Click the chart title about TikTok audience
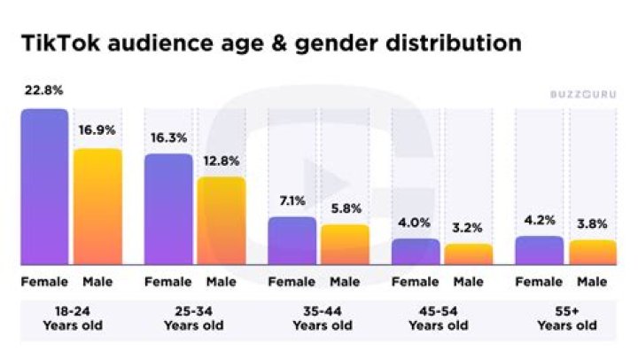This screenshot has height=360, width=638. click(x=271, y=43)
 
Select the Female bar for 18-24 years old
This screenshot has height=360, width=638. click(x=44, y=186)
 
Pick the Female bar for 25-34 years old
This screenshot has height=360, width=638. click(x=168, y=208)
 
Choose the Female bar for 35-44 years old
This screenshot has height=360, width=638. click(x=292, y=240)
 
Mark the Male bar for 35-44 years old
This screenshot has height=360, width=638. click(x=345, y=244)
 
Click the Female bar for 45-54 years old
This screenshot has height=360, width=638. click(x=416, y=251)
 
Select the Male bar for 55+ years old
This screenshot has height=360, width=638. click(x=592, y=252)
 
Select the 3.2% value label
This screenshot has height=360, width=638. click(x=468, y=227)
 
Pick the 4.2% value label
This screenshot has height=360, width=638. click(x=539, y=220)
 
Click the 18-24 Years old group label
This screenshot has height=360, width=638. click(x=72, y=318)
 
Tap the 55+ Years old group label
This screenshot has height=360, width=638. click(x=566, y=318)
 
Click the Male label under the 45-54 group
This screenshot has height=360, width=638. click(x=469, y=282)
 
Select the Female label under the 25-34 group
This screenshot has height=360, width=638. click(x=167, y=282)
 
